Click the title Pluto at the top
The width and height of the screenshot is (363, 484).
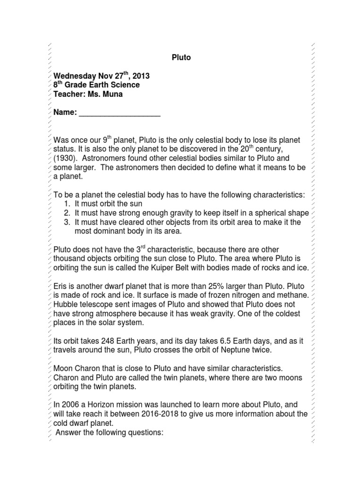click(x=181, y=58)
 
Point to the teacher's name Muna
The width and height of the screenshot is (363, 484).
click(x=112, y=94)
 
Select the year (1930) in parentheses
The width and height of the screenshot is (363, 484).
click(x=66, y=158)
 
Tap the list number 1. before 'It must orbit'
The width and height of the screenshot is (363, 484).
click(x=68, y=204)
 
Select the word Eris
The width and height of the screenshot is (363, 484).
click(x=60, y=287)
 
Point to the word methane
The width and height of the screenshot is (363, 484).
click(x=294, y=296)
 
